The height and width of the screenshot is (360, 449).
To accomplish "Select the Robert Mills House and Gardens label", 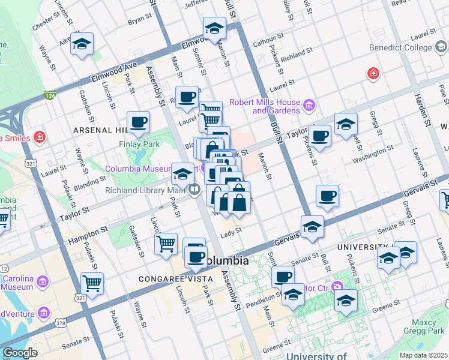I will [x=264, y=106].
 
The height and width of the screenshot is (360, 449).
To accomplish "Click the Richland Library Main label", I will [x=144, y=191].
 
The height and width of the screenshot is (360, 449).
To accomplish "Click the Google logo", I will [x=20, y=353].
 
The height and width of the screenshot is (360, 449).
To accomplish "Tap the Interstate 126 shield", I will [x=50, y=95].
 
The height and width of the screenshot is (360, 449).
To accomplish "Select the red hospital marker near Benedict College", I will [x=373, y=74].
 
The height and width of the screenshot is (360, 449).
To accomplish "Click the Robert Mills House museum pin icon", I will [x=309, y=106].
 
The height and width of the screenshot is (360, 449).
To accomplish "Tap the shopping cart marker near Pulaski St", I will [x=92, y=283].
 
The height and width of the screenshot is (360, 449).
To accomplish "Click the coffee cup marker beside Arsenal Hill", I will [x=138, y=122].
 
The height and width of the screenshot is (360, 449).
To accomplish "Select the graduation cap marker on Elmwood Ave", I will [x=214, y=28].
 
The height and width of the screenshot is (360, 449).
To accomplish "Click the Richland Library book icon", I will [x=194, y=191].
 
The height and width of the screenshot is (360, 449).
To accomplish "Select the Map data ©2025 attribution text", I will [x=423, y=355].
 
